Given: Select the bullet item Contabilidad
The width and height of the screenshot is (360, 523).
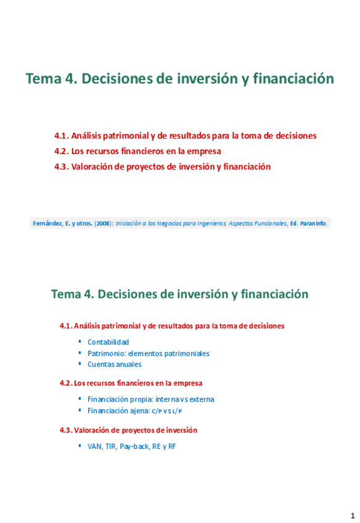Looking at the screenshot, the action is coord(108,342).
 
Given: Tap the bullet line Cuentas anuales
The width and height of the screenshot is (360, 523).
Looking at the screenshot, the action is coord(115,364).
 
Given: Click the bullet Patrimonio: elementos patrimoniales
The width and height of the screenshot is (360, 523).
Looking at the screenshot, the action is coord(149,353).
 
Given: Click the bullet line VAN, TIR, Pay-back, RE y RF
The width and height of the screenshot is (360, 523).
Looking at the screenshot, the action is coord(132,445).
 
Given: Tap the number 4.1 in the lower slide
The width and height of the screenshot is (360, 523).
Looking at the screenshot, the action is coord(65,325).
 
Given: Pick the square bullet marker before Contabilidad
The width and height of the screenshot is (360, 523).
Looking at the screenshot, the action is coord(80,341).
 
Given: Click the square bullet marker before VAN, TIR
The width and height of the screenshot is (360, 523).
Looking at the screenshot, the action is coord(80,445).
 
